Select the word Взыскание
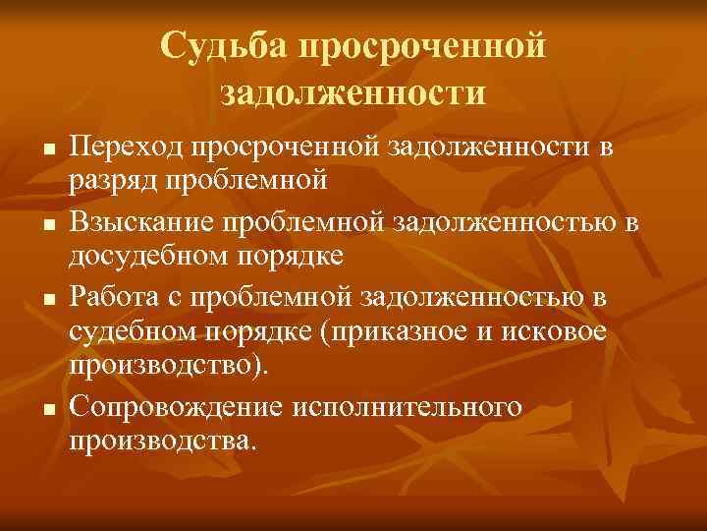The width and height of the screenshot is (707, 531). pyautogui.click(x=143, y=223)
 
